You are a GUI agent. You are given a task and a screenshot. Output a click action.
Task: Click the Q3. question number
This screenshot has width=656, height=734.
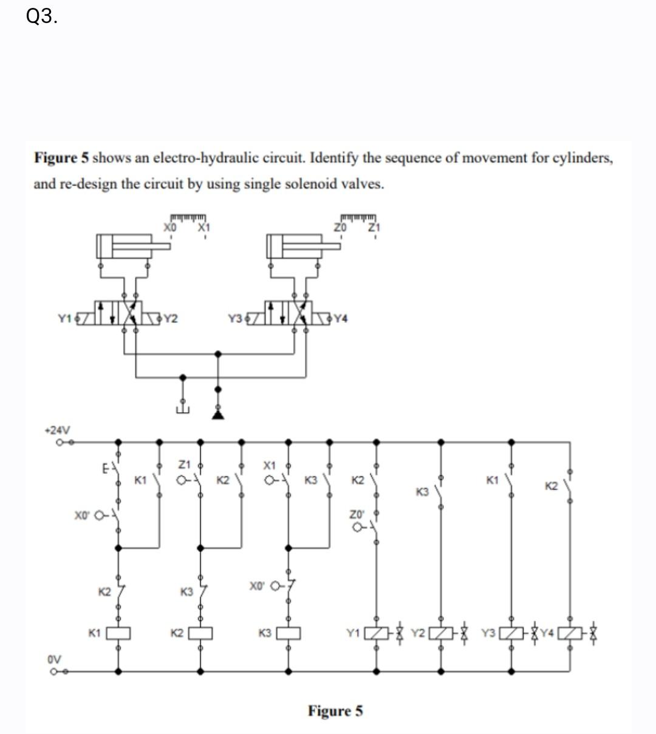[x=43, y=17]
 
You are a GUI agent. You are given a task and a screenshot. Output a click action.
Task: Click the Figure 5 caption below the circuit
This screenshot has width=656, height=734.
[x=335, y=710]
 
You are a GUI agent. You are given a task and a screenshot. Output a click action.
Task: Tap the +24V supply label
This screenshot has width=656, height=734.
[x=58, y=430]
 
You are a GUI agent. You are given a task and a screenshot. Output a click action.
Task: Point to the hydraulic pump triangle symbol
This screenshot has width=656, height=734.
[x=218, y=414]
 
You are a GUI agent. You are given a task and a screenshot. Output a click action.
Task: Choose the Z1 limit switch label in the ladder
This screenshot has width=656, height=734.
[x=185, y=464]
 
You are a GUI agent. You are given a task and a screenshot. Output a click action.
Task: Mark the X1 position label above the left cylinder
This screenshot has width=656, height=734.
[x=203, y=227]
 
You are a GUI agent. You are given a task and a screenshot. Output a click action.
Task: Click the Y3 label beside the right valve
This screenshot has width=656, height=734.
[x=235, y=318]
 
